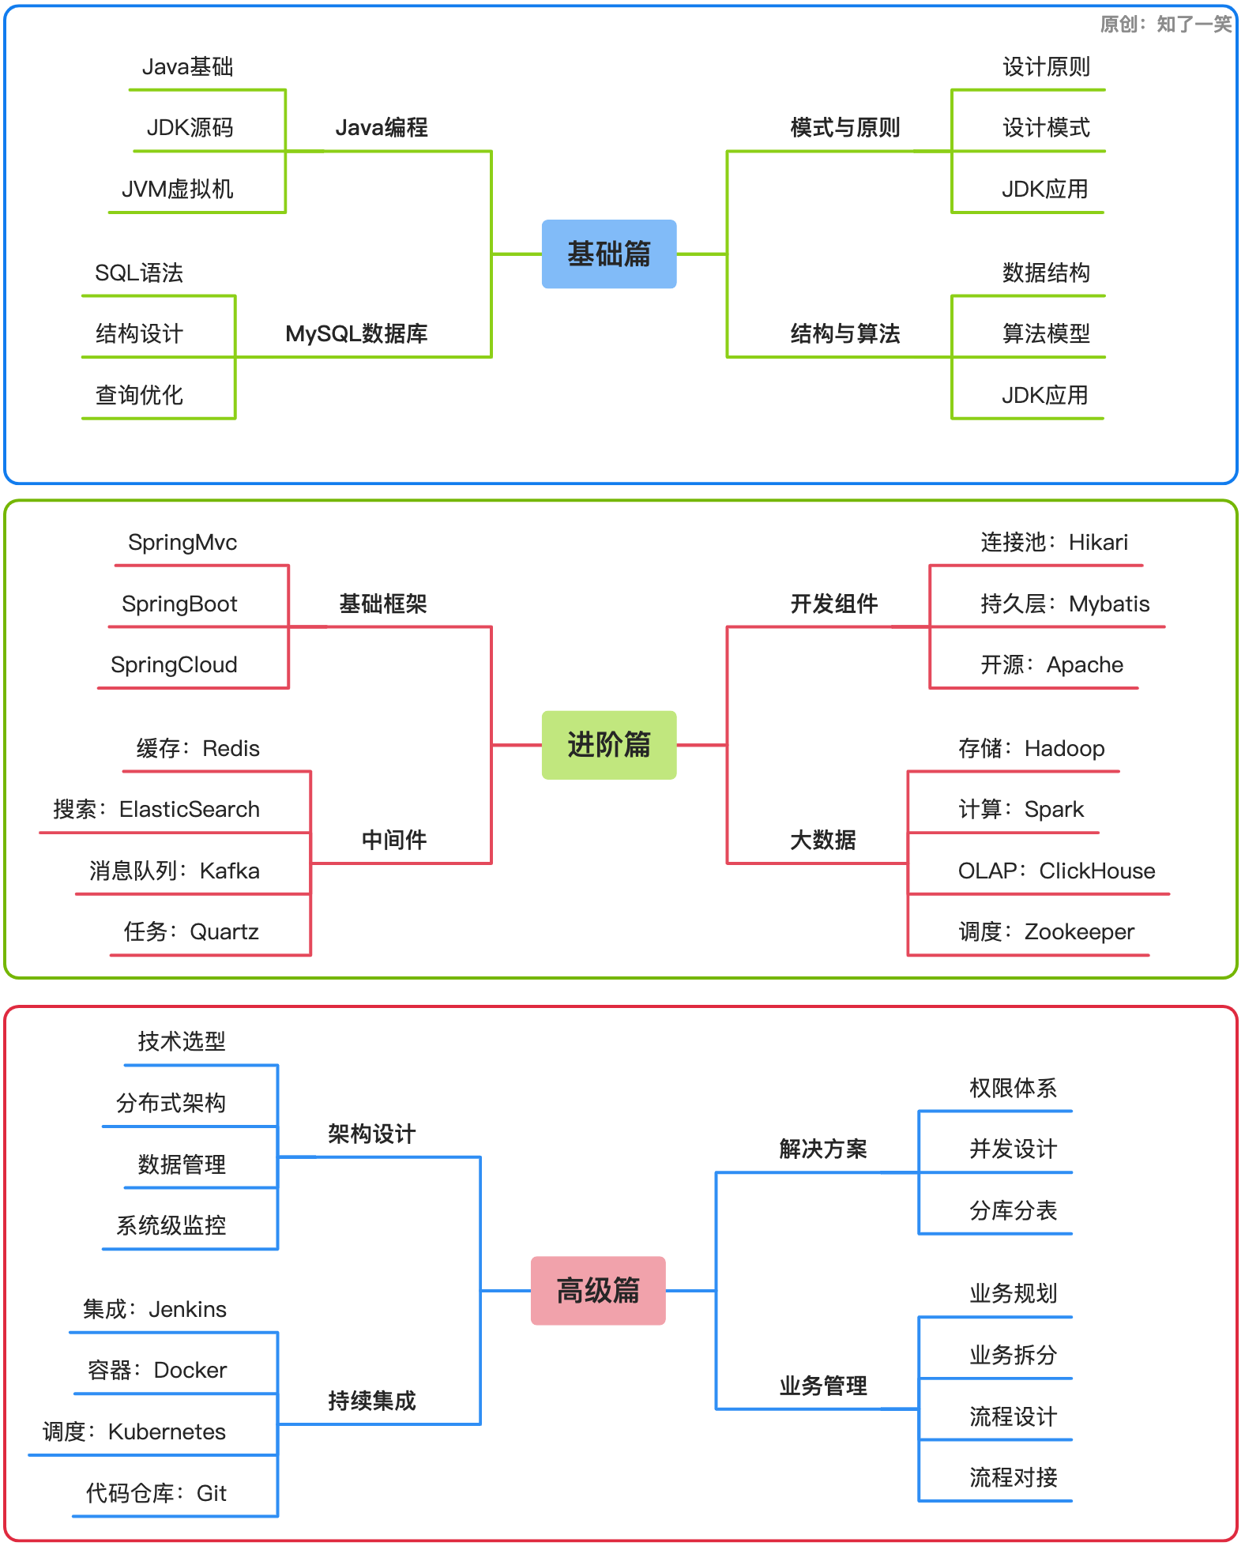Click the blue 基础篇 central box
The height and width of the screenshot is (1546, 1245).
[x=609, y=254]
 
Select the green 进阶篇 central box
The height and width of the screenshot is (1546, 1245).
[x=609, y=745]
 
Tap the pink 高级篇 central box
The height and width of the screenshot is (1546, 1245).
[x=598, y=1291]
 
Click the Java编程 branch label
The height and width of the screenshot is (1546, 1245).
[x=382, y=127]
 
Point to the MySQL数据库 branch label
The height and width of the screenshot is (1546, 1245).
[x=356, y=333]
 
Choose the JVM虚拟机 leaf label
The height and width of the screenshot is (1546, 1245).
[x=178, y=189]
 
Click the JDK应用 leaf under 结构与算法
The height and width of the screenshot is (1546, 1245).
[x=1045, y=395]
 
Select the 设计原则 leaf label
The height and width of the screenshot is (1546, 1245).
[x=1047, y=67]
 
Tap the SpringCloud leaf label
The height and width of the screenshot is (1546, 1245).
[x=174, y=664]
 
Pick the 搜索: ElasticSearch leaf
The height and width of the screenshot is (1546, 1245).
[x=156, y=809]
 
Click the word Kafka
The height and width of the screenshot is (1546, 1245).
[x=229, y=871]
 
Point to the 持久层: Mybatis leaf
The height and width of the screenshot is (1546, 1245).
[x=1065, y=604]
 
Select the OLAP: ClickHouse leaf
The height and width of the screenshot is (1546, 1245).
[x=1056, y=871]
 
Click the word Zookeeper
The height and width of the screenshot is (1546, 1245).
[x=1079, y=931]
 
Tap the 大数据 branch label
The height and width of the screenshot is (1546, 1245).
[x=823, y=840]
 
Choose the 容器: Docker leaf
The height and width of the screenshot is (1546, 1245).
[x=157, y=1370]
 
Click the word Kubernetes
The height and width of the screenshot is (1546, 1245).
[x=167, y=1431]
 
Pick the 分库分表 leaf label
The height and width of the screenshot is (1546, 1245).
[x=1014, y=1210]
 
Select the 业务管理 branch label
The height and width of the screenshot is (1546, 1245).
[x=823, y=1386]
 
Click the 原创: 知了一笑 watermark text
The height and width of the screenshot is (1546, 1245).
[x=1166, y=24]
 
